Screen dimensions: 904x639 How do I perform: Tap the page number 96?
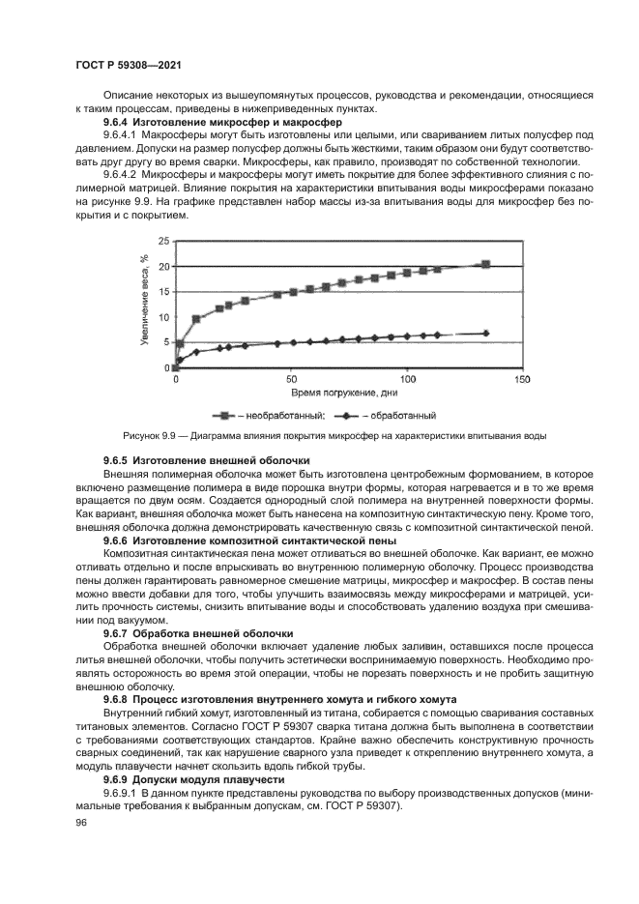point(80,822)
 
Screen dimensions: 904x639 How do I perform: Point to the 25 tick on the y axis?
point(163,241)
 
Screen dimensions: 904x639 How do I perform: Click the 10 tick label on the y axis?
point(163,317)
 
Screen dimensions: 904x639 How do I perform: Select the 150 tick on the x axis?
point(521,380)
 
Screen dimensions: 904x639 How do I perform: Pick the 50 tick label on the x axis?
point(291,380)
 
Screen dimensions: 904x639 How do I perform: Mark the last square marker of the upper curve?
point(485,264)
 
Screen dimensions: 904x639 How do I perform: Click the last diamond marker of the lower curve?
point(485,333)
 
